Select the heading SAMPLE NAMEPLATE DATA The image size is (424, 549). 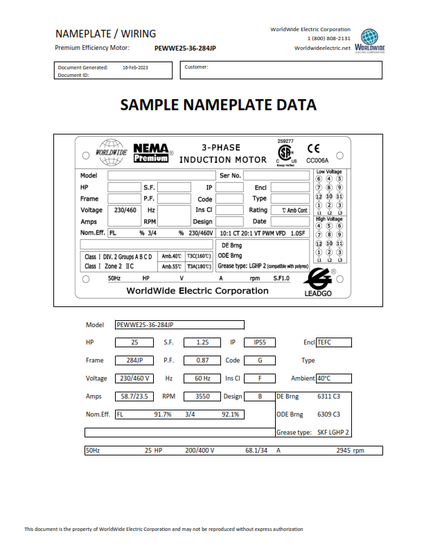218,105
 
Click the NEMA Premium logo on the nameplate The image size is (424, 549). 151,152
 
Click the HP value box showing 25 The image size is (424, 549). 134,342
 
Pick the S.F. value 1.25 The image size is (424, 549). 202,342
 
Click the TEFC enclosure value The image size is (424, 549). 333,342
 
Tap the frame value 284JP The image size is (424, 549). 134,360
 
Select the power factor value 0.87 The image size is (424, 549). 202,360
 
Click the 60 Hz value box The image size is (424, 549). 202,378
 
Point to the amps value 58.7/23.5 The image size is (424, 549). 134,397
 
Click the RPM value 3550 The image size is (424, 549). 202,397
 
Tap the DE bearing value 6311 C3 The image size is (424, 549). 328,397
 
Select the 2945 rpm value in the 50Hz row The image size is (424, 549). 349,451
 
